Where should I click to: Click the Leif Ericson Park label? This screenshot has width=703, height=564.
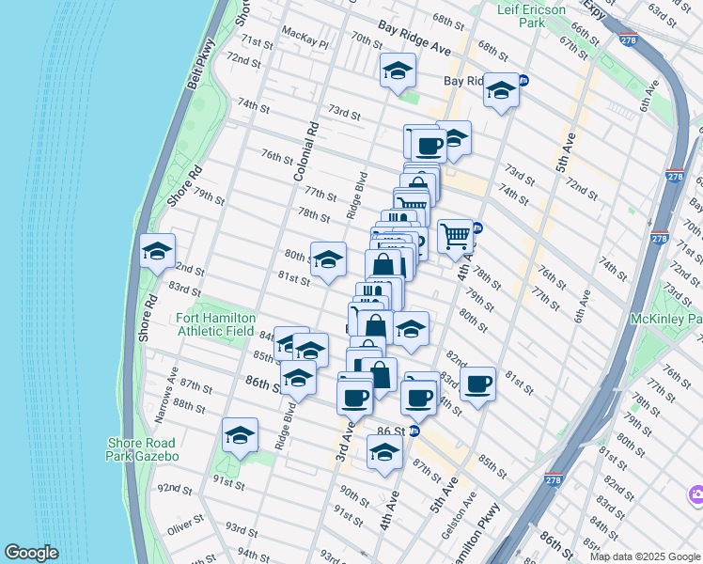(x=533, y=15)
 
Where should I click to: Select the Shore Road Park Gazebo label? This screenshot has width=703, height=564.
(x=142, y=449)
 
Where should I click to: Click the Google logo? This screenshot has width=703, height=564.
(x=31, y=553)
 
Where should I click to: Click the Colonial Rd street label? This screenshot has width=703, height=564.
(x=307, y=151)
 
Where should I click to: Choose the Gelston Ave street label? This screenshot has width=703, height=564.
(x=464, y=514)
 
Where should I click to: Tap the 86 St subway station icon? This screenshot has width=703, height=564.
(x=414, y=431)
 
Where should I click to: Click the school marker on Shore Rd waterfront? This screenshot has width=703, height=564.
(x=158, y=251)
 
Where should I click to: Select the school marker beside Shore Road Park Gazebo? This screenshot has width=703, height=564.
(x=241, y=435)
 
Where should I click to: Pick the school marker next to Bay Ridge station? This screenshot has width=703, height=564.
(x=501, y=91)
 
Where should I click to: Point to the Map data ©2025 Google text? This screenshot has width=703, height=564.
(x=644, y=556)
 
